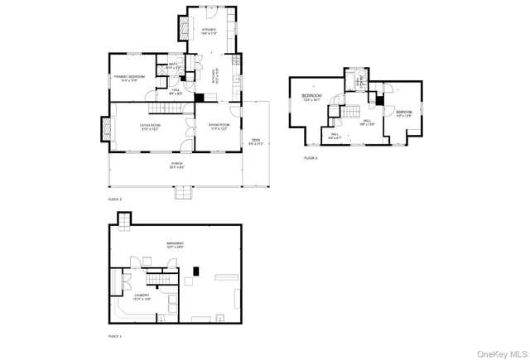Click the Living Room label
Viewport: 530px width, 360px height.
click(150, 127)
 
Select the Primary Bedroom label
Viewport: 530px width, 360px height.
click(128, 79)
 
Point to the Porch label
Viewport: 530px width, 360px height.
click(177, 166)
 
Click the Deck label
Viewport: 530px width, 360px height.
click(256, 142)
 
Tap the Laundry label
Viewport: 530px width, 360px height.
click(142, 296)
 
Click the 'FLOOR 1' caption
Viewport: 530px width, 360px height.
click(114, 337)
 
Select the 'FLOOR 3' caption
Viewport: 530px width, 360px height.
click(311, 157)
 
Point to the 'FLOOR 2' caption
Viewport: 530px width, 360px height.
click(114, 199)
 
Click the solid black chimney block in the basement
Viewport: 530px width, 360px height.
click(197, 270)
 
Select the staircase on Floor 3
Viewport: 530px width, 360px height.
click(352, 111)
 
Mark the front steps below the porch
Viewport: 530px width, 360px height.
click(181, 194)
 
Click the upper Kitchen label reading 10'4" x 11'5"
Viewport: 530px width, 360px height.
click(209, 31)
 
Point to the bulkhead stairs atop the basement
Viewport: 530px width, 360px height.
click(124, 219)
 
